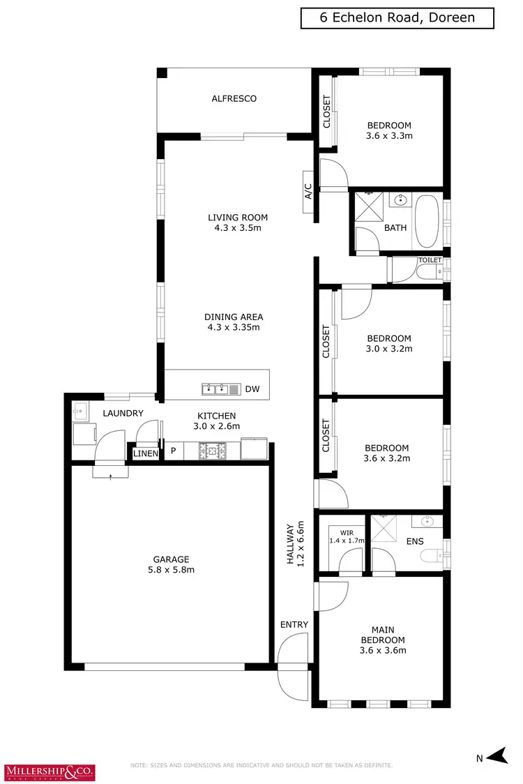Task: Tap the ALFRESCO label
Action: point(234,99)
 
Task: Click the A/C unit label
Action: point(308,192)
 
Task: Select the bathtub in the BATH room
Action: point(426,222)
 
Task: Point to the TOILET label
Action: point(430,260)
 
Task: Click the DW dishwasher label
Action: point(252,389)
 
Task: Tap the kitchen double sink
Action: point(215,389)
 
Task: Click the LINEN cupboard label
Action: point(146,454)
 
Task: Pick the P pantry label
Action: point(173,452)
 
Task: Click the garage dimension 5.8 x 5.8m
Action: point(172,570)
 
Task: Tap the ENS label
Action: point(415,541)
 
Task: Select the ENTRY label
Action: point(294,624)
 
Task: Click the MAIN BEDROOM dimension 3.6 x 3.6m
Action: point(382,650)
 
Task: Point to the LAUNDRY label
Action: point(123,414)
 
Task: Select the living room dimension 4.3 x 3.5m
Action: point(238,228)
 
